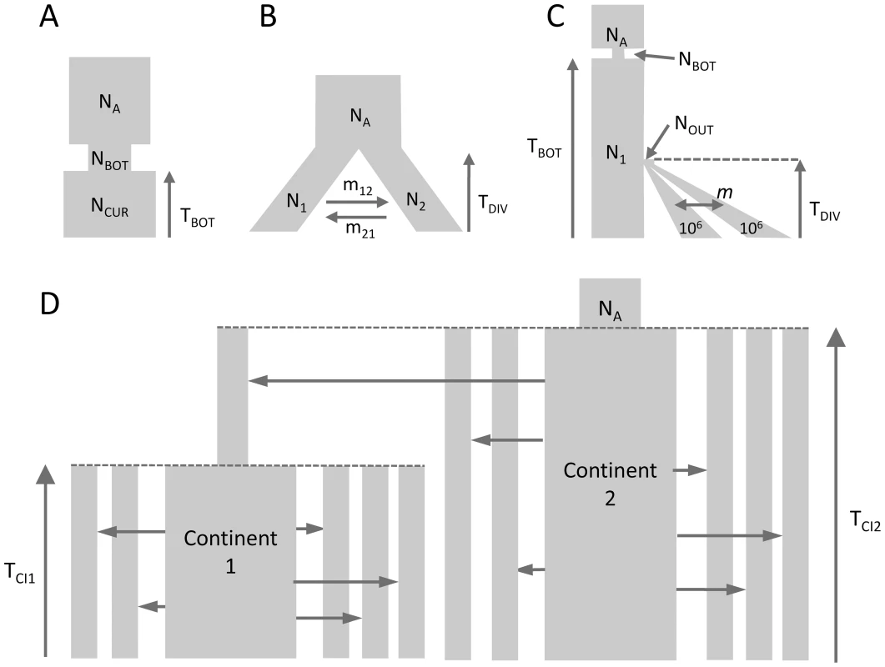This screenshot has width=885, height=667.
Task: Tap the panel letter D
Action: (x=50, y=303)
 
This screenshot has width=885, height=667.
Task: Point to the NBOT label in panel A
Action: (x=109, y=161)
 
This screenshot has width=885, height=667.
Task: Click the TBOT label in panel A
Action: (x=198, y=218)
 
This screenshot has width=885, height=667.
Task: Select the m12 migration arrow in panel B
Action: (x=357, y=202)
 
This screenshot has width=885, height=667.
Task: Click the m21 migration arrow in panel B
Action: (x=357, y=217)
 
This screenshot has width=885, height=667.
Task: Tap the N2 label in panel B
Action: (x=416, y=202)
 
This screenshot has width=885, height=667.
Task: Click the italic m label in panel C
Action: (x=725, y=193)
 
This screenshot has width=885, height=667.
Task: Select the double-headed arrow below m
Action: (x=699, y=205)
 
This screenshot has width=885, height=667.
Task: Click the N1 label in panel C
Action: (x=616, y=153)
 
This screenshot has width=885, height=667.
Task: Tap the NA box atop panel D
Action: (x=610, y=303)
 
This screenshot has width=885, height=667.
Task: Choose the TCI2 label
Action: (x=865, y=521)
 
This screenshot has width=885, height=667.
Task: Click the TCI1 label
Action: (x=20, y=573)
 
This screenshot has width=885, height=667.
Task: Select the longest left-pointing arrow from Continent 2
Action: (x=396, y=382)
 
